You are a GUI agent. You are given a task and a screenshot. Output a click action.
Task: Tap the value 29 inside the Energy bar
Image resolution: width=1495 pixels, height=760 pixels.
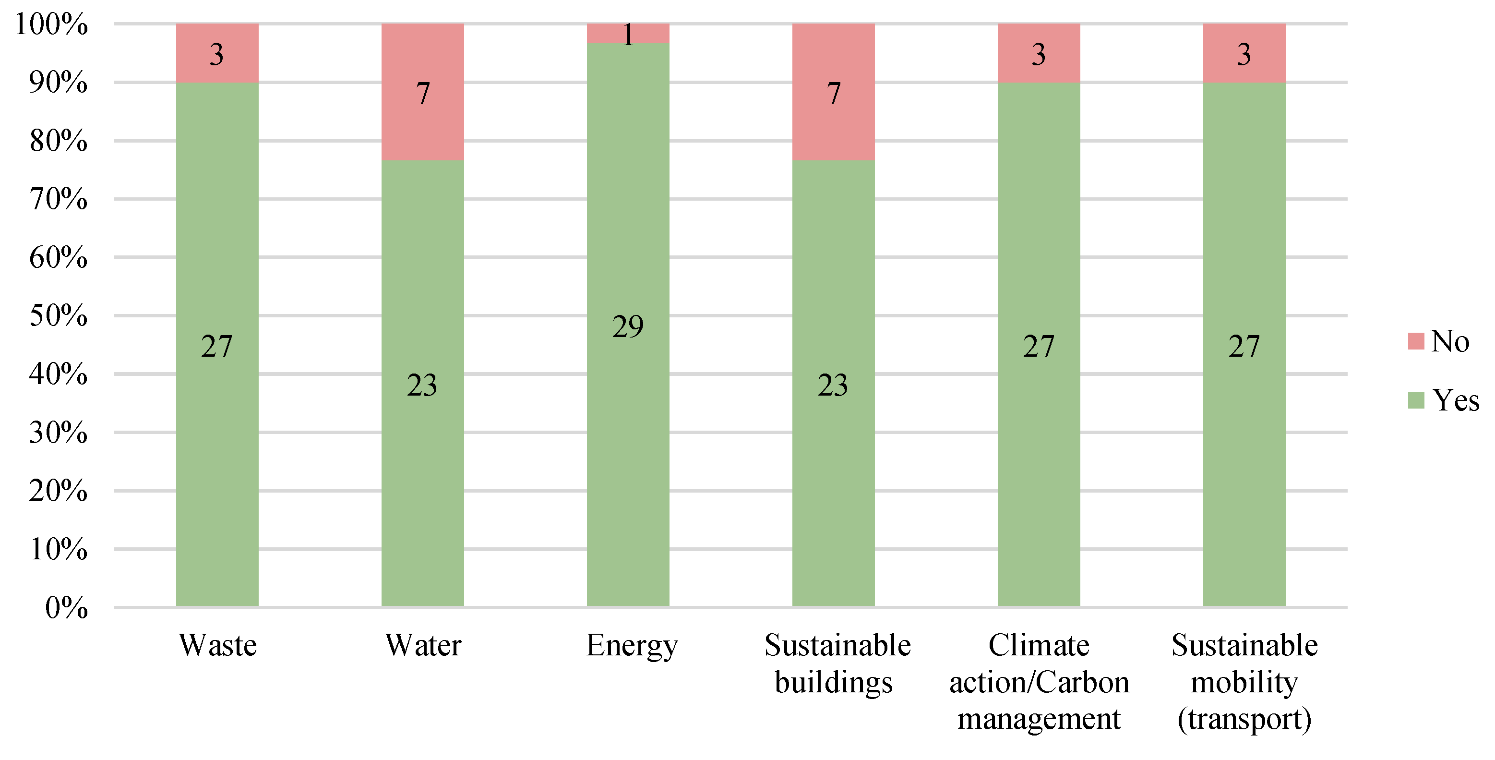click(x=628, y=326)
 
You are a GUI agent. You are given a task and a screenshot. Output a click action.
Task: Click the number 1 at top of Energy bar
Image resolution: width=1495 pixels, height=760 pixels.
click(x=628, y=35)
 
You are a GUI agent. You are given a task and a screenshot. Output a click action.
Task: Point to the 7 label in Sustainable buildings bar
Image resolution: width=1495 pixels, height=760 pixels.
click(x=833, y=94)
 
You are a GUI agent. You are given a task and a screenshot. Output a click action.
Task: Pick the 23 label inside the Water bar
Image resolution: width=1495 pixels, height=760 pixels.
click(x=422, y=385)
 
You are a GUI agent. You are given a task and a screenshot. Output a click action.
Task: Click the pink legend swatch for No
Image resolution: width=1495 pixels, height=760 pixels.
click(x=1416, y=341)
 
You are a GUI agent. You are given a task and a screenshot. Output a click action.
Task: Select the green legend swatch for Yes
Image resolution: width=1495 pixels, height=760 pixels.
click(x=1416, y=400)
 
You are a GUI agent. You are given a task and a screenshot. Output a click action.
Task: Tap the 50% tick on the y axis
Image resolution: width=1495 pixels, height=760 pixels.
click(x=59, y=316)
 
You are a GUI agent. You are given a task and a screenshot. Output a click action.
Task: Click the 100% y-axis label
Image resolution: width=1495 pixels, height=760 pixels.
click(x=51, y=24)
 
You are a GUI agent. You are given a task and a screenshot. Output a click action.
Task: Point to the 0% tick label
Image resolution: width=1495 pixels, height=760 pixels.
click(x=66, y=608)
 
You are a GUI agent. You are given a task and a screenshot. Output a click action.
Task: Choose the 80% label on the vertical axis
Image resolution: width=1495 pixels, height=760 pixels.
click(x=59, y=141)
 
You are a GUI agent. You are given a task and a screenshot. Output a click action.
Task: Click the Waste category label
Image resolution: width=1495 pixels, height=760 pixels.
click(x=217, y=645)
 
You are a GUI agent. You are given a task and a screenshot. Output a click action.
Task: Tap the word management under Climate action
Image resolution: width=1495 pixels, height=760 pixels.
click(x=1039, y=719)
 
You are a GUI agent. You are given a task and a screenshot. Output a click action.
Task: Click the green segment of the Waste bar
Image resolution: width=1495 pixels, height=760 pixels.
click(x=217, y=464)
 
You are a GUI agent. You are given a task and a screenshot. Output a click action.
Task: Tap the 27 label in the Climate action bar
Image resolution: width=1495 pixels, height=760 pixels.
click(x=1038, y=347)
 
